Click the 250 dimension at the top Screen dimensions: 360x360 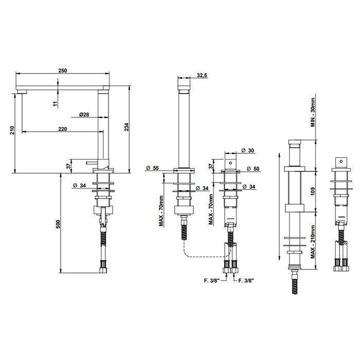pos(62,70)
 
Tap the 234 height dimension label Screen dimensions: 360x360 pos(127,127)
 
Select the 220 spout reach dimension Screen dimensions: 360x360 pos(62,129)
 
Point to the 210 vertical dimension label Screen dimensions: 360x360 pos(12,130)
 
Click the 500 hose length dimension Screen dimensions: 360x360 pos(58,224)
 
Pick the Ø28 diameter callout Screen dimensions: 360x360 pos(84,114)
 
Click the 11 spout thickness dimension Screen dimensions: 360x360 pos(55,104)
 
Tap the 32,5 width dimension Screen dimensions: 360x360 pos(202,75)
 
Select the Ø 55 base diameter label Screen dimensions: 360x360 pos(152,168)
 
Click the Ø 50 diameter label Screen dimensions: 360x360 pos(253,169)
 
